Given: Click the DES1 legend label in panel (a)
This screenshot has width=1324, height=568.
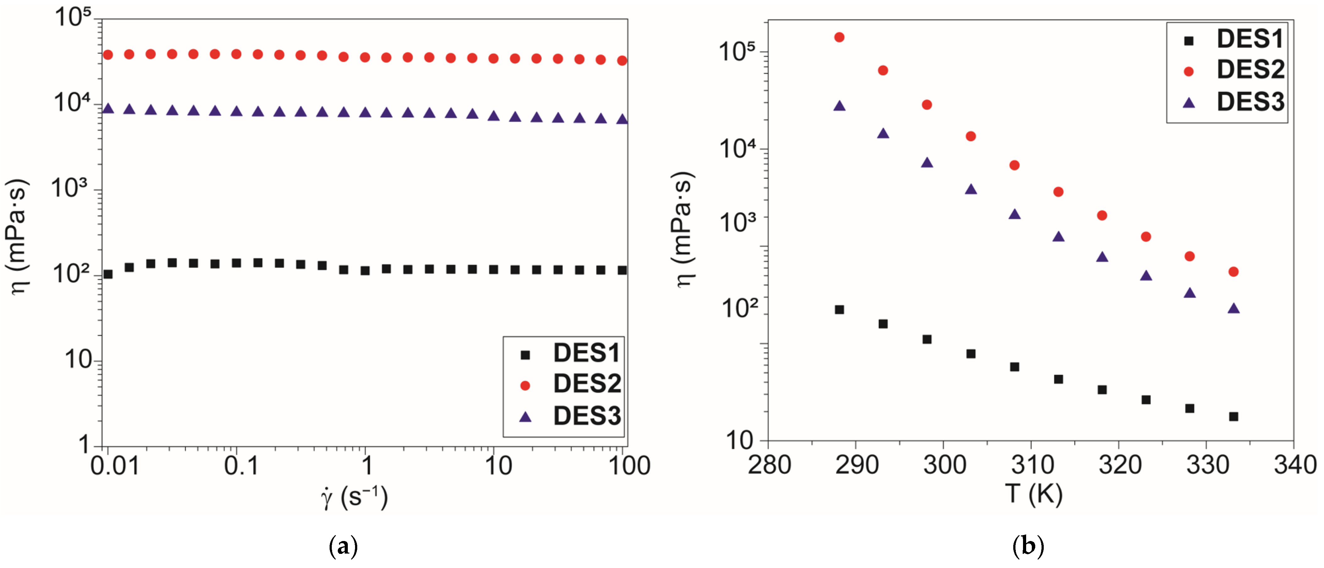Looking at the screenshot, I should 587,353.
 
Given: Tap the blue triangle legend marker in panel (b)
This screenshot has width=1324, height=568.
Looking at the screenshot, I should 1188,103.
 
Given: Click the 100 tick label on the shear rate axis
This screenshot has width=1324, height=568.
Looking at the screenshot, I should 629,466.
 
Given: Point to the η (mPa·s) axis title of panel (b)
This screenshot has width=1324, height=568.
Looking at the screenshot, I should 684,230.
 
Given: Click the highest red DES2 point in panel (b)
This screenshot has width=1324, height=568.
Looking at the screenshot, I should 839,37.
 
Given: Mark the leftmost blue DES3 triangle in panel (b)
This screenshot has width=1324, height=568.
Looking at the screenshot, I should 839,106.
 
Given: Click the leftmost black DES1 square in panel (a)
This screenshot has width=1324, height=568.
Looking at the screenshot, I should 108,274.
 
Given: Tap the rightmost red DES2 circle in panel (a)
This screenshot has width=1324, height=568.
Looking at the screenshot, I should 622,61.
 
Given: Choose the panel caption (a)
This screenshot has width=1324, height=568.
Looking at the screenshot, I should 343,546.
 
